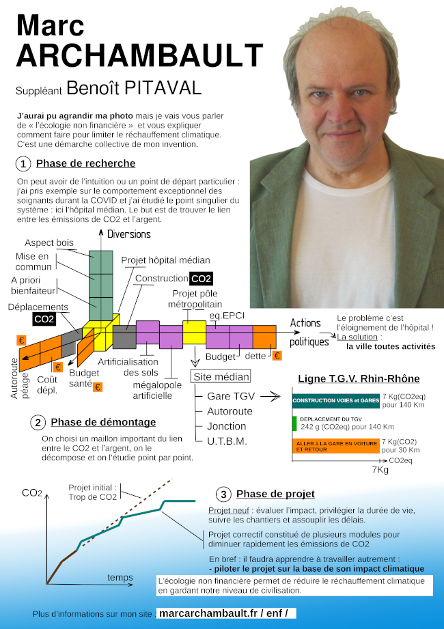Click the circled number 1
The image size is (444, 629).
(23, 164)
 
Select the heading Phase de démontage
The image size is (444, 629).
(103, 422)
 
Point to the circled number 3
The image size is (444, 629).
(223, 494)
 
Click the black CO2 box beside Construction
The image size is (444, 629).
(202, 279)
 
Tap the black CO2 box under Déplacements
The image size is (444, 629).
(44, 319)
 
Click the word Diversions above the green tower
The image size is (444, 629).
(128, 234)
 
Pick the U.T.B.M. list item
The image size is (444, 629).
(227, 441)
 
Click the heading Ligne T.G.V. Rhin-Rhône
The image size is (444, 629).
(359, 379)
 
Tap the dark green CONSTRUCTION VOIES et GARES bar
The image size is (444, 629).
(335, 400)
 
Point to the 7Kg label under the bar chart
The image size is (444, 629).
(380, 470)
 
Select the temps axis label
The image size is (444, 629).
(120, 578)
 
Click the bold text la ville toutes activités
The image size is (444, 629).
(390, 346)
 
